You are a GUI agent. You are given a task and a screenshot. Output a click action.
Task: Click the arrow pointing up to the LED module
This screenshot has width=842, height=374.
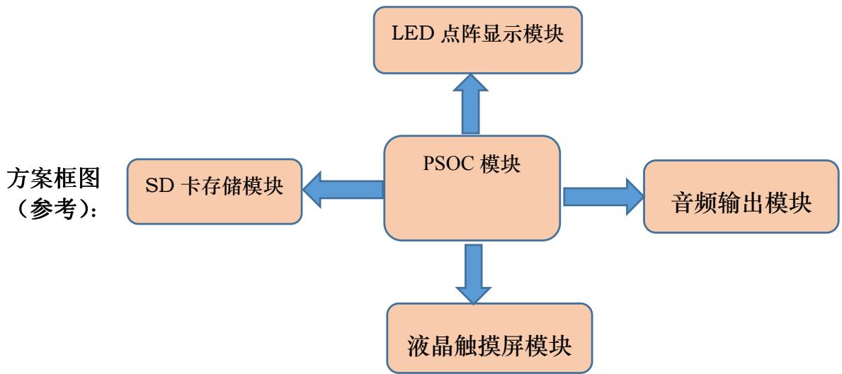(x=470, y=105)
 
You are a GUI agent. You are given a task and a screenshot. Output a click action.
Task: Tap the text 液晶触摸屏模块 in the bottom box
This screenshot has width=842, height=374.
(x=489, y=348)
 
